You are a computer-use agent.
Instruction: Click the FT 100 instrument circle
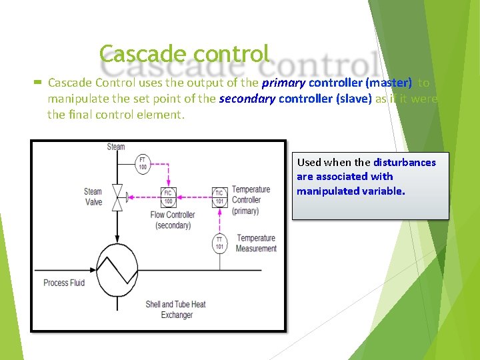[x=143, y=163]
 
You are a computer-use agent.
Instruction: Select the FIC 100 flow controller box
[x=169, y=197]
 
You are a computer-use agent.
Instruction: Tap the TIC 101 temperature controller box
[x=219, y=197]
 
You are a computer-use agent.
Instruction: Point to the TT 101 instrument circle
[x=219, y=243]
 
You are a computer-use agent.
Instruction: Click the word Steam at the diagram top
[x=116, y=147]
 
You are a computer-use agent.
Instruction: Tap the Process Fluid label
[x=64, y=283]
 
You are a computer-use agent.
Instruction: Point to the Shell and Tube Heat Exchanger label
[x=176, y=309]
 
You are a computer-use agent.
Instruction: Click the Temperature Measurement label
[x=257, y=243]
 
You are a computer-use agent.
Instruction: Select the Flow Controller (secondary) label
[x=173, y=220]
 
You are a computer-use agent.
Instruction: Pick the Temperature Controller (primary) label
[x=251, y=200]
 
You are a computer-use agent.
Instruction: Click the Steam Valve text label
[x=93, y=197]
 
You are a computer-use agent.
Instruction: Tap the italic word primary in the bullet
[x=283, y=83]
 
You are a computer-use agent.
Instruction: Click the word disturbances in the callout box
[x=405, y=162]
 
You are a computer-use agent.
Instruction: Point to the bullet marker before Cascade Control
[x=38, y=83]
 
